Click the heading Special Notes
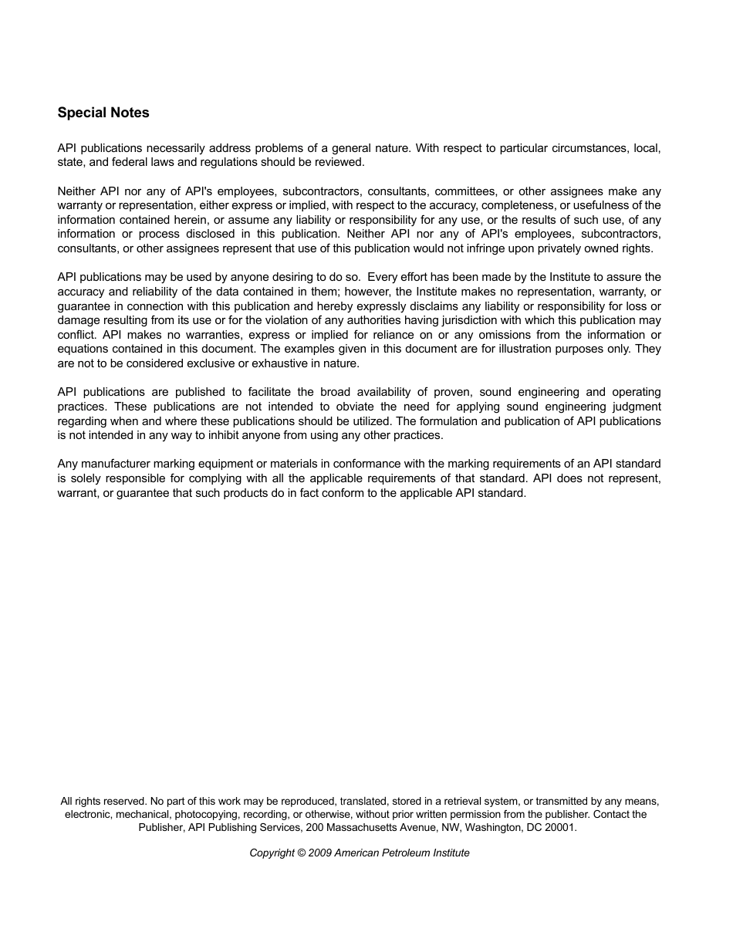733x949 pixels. [103, 113]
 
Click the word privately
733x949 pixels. [579, 248]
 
